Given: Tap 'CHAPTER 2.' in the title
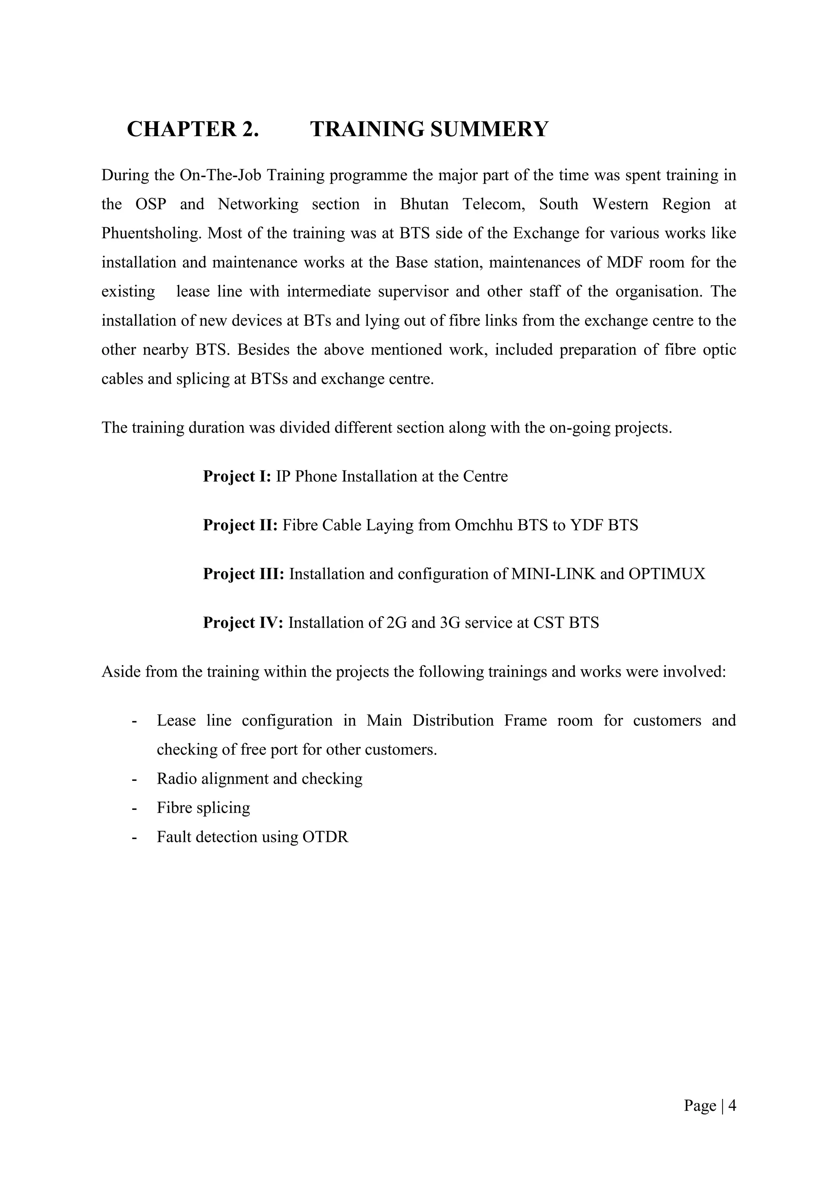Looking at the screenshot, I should coord(192,129).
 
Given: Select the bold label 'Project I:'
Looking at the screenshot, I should coord(237,476).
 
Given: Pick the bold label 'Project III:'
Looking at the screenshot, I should coord(243,574).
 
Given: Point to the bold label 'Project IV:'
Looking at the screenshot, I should coord(243,623).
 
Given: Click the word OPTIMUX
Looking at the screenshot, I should coord(667,574).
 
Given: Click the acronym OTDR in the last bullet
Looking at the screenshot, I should coord(325,837).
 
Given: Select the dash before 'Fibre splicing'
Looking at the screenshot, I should coord(135,808).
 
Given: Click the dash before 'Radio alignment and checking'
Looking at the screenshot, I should coord(135,779).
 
